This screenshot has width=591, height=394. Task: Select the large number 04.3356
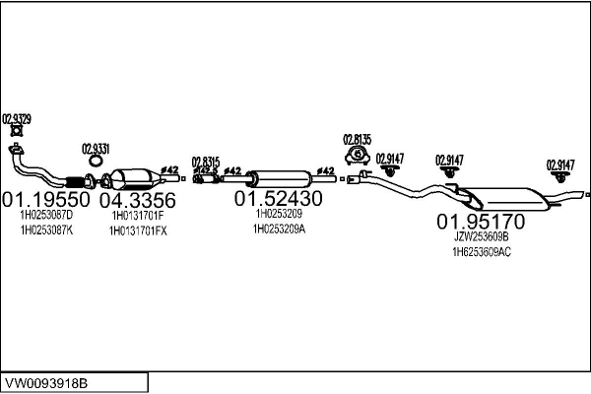click(138, 200)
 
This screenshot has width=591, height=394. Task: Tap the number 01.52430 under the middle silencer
click(278, 198)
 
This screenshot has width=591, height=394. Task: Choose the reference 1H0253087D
click(46, 215)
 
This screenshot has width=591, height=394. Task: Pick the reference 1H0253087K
click(46, 230)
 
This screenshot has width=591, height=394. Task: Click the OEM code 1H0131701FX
click(139, 230)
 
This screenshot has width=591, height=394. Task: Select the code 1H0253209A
click(279, 229)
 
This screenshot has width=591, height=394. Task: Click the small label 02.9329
click(17, 119)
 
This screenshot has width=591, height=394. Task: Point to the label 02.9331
click(95, 148)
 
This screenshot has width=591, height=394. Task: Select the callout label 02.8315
click(205, 161)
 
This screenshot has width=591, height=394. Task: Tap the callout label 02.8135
click(356, 139)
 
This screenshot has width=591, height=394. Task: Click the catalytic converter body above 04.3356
click(135, 181)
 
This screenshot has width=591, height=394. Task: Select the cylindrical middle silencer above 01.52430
click(280, 177)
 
